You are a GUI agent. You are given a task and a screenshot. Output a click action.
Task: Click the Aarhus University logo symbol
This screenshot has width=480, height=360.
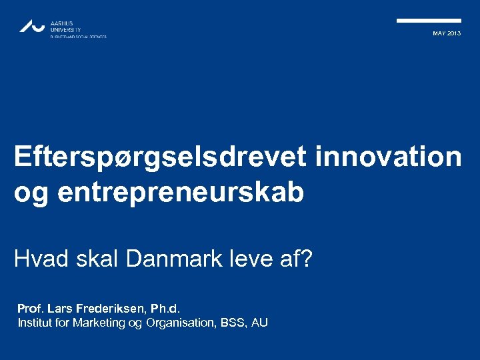click(32, 26)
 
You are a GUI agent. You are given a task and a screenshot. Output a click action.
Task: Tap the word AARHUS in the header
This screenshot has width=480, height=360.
click(62, 23)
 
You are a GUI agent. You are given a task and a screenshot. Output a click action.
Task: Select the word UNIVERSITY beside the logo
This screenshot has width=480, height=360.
click(65, 30)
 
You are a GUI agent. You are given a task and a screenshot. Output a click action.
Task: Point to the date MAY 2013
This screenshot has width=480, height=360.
click(446, 33)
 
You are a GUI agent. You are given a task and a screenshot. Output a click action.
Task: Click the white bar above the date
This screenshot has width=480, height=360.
click(429, 21)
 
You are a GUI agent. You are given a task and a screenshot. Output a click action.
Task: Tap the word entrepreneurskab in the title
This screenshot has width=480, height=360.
click(181, 192)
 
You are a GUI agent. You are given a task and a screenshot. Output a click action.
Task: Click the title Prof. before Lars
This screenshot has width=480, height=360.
click(31, 309)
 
